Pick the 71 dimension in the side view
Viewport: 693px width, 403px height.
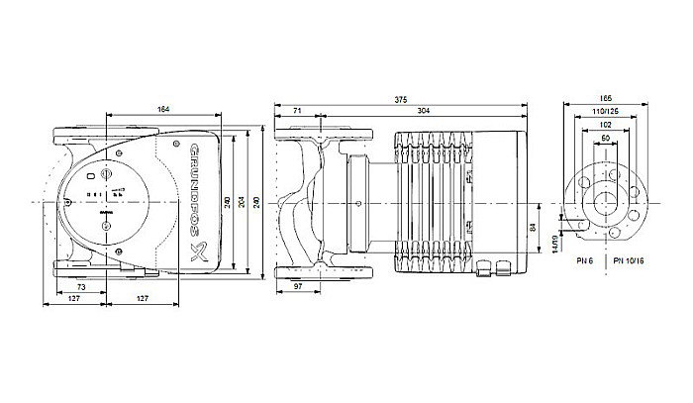[x=298, y=111]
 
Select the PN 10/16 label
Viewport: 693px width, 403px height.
[x=629, y=259]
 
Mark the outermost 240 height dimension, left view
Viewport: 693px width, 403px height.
[x=257, y=202]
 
